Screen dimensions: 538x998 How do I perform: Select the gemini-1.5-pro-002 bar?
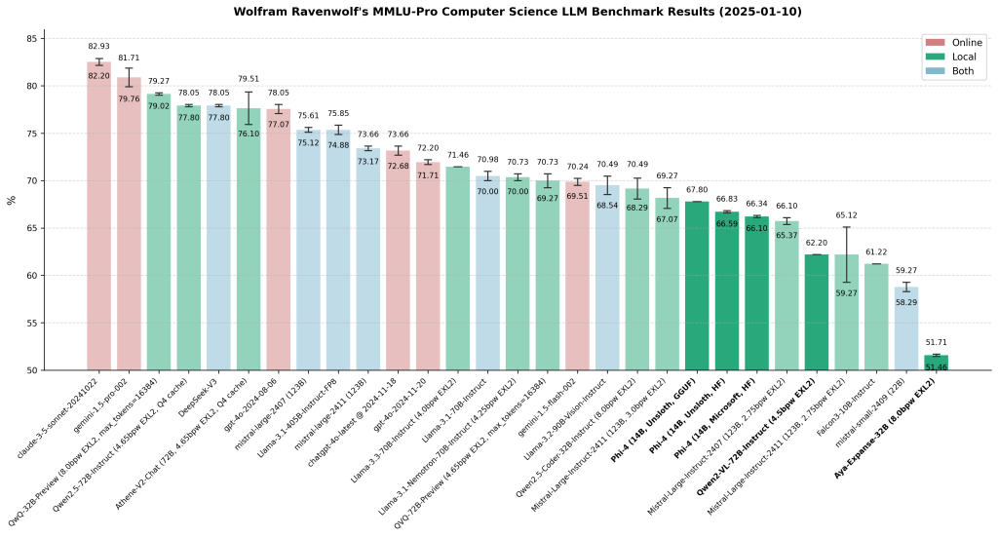(x=129, y=224)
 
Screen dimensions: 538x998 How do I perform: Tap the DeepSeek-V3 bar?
(x=218, y=238)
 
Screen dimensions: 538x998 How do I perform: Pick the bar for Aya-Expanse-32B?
(x=937, y=363)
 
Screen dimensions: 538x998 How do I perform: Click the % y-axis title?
(x=12, y=200)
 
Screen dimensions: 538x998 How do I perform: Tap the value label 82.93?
(x=98, y=46)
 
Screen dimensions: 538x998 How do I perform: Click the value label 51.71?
(x=937, y=343)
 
